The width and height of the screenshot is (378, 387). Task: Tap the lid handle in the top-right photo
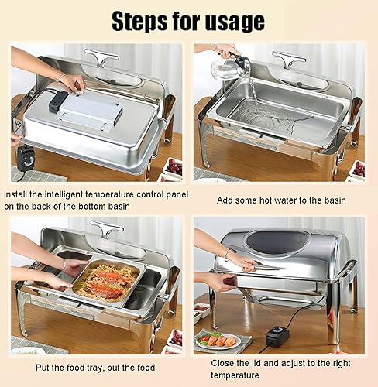click(x=288, y=59)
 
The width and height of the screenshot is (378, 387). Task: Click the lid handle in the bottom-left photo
click(x=106, y=230)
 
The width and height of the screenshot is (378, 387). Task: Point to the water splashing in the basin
click(x=263, y=120)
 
